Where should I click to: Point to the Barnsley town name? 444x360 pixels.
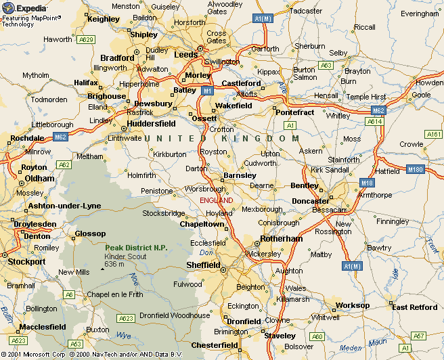[240, 175]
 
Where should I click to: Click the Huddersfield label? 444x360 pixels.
[152, 124]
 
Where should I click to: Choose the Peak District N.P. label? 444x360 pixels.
[136, 248]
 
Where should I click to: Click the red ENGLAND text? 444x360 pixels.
[216, 201]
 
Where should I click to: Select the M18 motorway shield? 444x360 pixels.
[368, 183]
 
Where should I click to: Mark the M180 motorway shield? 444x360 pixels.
[415, 169]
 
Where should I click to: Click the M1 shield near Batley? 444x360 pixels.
[208, 90]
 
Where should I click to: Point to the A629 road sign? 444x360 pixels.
[86, 40]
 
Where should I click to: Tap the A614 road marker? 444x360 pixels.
[374, 121]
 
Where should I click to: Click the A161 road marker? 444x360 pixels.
[433, 135]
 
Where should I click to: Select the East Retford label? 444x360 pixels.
[415, 307]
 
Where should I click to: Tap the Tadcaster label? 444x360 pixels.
[305, 11]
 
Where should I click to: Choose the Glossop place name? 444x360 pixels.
[89, 233]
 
